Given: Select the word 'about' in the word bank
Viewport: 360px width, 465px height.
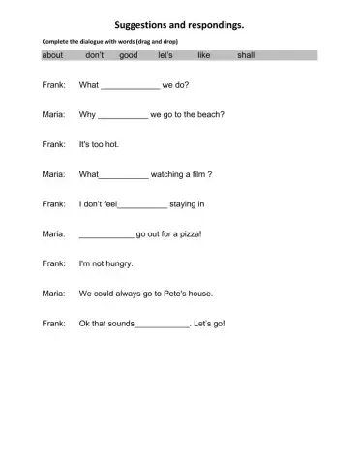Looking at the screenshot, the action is [x=52, y=55].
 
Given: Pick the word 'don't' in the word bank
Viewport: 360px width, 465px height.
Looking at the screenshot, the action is [x=95, y=55].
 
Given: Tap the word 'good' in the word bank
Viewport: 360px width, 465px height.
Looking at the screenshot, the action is [x=129, y=55].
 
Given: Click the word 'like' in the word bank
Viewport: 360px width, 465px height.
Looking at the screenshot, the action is [x=203, y=55].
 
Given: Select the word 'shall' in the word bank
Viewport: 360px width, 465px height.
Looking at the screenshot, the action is [x=246, y=55].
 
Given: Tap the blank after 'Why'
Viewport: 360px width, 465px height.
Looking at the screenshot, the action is [x=123, y=116].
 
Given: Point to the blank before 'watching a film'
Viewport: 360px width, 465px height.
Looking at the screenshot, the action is [x=124, y=176].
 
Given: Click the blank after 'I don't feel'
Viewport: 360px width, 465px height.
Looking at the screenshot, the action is [x=142, y=205].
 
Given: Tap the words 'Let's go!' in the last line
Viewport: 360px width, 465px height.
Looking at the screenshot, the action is [x=209, y=323].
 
